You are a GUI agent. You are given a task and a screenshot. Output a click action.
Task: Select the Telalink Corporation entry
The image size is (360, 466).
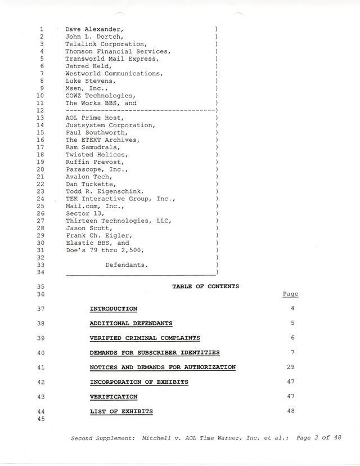point(106,44)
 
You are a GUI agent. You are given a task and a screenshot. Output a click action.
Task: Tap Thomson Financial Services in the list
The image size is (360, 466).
point(118,51)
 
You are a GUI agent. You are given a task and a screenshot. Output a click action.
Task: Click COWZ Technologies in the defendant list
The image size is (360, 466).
point(100,96)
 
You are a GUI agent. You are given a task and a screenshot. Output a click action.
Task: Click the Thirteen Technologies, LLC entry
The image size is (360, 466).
point(118,221)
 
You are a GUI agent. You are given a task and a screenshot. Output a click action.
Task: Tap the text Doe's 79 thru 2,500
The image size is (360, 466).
point(104,250)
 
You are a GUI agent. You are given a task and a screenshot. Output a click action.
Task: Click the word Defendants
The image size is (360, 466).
point(127,265)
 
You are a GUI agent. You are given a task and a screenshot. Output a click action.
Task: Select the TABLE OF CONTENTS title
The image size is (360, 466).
point(205,286)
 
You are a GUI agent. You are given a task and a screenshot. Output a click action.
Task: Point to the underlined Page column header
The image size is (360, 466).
point(290,294)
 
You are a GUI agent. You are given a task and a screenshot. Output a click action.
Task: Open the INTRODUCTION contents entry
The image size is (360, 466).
point(113,309)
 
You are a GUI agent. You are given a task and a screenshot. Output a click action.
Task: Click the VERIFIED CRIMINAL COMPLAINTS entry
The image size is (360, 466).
point(145,338)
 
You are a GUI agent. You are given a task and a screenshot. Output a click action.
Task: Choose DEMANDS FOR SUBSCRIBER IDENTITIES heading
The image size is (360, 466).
point(155,353)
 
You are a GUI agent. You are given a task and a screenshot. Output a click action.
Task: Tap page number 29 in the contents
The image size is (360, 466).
point(290,367)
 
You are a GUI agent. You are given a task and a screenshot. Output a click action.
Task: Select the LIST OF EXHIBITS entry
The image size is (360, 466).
point(121,411)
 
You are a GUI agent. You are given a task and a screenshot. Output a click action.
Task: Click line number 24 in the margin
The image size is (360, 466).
point(40,199)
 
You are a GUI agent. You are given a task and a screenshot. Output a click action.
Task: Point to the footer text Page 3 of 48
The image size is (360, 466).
point(318,438)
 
